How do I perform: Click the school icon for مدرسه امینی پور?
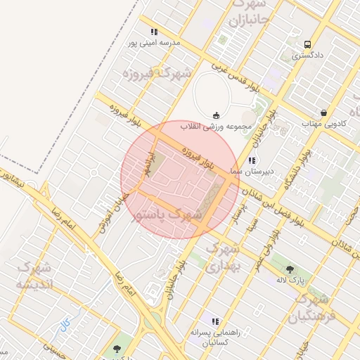pos(154,32)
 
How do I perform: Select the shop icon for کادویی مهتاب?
pos(323,112)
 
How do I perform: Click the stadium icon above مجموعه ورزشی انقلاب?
pos(215,115)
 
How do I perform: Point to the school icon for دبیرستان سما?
pos(252,161)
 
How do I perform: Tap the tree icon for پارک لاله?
pos(290,268)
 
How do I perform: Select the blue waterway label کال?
pos(65,325)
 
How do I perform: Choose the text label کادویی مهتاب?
pos(324,124)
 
